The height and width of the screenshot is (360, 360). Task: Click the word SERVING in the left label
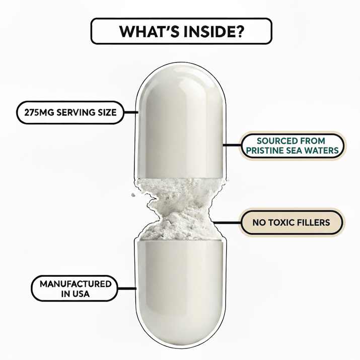pos(76,113)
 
